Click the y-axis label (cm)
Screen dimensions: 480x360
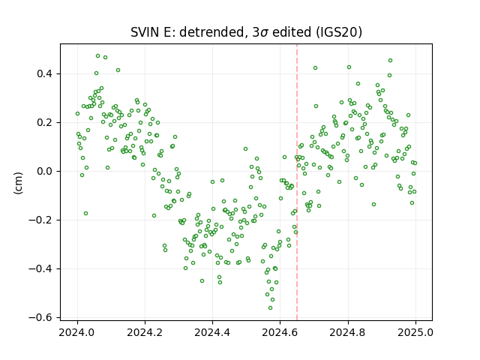[x=18, y=183]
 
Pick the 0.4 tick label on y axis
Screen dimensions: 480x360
[x=45, y=73]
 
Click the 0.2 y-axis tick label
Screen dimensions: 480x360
[x=45, y=122]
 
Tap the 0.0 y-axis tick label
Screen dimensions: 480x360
[x=45, y=171]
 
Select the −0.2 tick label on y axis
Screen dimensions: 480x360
[x=41, y=220]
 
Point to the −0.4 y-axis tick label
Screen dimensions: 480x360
[x=41, y=268]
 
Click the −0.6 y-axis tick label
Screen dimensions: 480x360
[x=41, y=317]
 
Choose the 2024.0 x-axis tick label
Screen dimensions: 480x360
[x=77, y=332]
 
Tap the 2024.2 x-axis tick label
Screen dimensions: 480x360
[x=145, y=332]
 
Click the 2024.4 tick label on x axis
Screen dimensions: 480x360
[x=212, y=332]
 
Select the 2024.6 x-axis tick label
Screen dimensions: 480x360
[x=280, y=332]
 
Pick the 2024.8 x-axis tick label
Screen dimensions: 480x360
[x=348, y=332]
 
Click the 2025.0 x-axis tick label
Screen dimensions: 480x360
[x=415, y=332]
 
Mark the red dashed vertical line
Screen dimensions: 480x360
[x=297, y=182]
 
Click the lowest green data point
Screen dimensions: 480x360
[x=270, y=307]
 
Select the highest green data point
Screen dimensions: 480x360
[x=98, y=56]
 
